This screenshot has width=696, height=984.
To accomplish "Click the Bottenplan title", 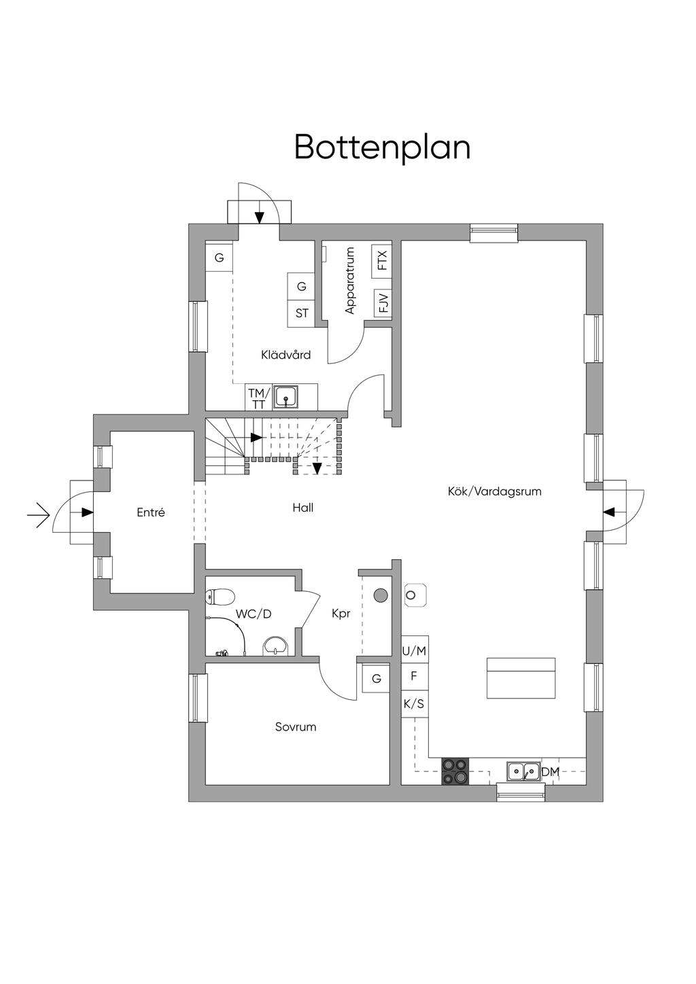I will point(382,147).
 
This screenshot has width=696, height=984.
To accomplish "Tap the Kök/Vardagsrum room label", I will point(494,491).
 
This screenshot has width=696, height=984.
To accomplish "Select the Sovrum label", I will point(296,726).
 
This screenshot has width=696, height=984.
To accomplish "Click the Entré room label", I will point(151,512).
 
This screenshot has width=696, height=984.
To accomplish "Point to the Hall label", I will point(303,508).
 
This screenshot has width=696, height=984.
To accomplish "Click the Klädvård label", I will point(286,355).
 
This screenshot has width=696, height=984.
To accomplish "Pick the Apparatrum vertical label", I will point(351,280).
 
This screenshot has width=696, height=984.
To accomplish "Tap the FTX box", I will point(382,261).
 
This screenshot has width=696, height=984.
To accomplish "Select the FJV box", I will point(383,303).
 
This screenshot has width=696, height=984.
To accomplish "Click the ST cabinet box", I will point(302,313).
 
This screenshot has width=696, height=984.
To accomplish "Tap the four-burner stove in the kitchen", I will point(455,771).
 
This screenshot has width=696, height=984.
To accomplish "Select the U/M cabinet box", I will point(414,651).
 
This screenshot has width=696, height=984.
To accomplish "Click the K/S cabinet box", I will point(414,703).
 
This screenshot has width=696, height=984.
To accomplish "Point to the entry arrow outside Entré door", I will point(38,514).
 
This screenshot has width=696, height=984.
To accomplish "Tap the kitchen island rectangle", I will point(521,678).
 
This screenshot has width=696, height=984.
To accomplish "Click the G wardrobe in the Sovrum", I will point(376,678).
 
